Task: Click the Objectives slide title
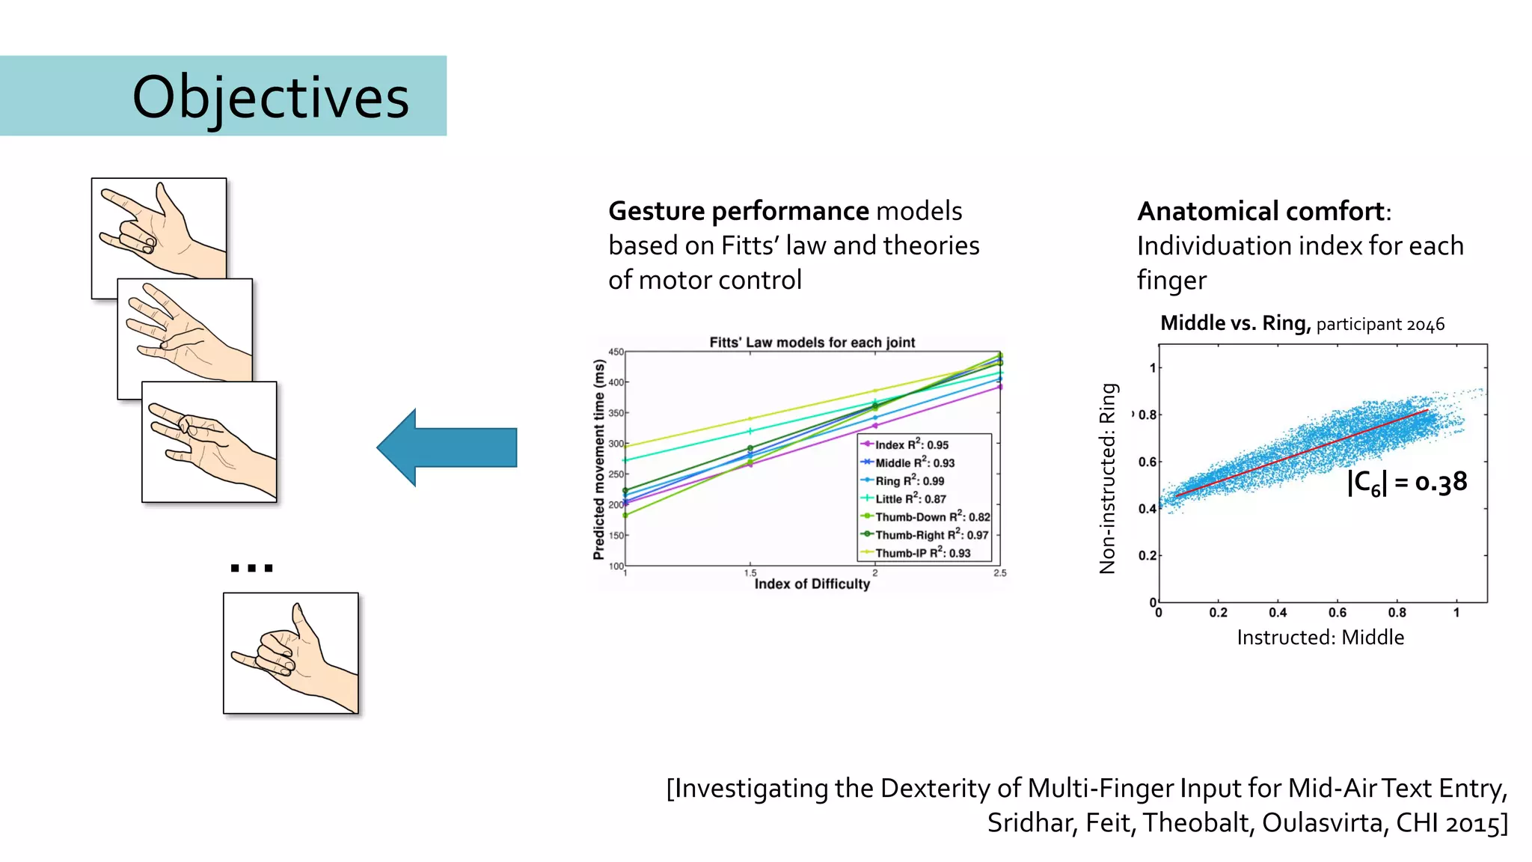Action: pyautogui.click(x=270, y=97)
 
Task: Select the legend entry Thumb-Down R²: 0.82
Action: pyautogui.click(x=932, y=517)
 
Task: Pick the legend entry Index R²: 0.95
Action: pyautogui.click(x=911, y=444)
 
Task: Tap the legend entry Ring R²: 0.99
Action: pyautogui.click(x=909, y=481)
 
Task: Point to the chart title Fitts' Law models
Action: pyautogui.click(x=812, y=343)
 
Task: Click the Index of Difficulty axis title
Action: pyautogui.click(x=812, y=584)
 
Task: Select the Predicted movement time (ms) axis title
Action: pyautogui.click(x=598, y=459)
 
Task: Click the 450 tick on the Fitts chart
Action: pyautogui.click(x=616, y=352)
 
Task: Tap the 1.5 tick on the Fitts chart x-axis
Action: pyautogui.click(x=750, y=573)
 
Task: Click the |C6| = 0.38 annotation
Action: pyautogui.click(x=1406, y=483)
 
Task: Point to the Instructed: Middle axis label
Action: pyautogui.click(x=1320, y=638)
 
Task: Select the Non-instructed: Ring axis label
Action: pyautogui.click(x=1108, y=479)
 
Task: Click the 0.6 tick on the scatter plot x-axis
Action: pyautogui.click(x=1338, y=613)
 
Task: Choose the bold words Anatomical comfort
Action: pyautogui.click(x=1260, y=212)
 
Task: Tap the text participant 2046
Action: pyautogui.click(x=1380, y=325)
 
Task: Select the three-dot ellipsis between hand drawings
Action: pyautogui.click(x=251, y=568)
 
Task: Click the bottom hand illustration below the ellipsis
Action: pyautogui.click(x=291, y=653)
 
